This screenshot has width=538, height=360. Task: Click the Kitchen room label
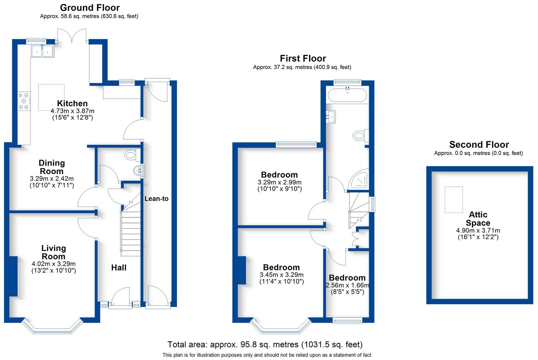pos(72,103)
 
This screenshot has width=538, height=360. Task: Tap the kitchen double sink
pos(42,51)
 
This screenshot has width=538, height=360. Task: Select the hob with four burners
pos(24,101)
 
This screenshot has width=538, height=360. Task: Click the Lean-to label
pos(156,199)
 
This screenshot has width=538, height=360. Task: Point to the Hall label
pos(119,268)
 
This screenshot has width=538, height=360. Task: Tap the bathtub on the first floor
pos(347,95)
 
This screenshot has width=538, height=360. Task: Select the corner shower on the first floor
pos(359,180)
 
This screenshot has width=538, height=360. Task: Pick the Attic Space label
pos(478,219)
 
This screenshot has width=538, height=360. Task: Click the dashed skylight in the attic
pos(454,200)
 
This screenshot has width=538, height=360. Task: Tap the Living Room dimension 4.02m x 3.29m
pos(53,264)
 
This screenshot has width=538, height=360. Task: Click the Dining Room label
pos(52,167)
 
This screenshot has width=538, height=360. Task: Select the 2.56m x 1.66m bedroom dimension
pos(347,285)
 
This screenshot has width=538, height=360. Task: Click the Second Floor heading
pos(479,145)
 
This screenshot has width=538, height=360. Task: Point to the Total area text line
pos(265,344)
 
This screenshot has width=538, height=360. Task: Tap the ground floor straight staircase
pos(131,233)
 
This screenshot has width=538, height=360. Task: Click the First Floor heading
pos(303,59)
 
